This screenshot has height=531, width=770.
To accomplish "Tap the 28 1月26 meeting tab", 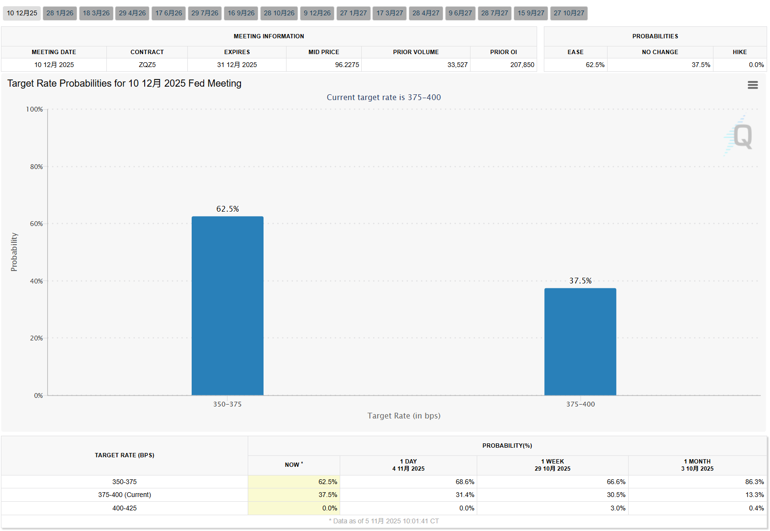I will click(60, 13).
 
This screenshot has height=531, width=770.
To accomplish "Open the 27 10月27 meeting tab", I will click(569, 13).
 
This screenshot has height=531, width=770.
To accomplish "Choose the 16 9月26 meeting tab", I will click(241, 13).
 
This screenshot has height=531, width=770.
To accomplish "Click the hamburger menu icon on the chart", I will click(752, 85).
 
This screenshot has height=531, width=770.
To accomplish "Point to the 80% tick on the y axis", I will click(36, 167).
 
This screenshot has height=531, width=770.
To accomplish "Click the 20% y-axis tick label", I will click(36, 338).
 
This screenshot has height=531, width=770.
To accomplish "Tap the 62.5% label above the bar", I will click(228, 209).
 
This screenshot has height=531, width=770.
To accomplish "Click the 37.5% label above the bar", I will click(580, 281).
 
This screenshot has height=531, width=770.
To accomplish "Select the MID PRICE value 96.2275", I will click(347, 65).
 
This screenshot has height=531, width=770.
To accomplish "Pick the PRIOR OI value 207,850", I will click(522, 65).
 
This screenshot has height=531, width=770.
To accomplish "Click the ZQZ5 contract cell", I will click(147, 65).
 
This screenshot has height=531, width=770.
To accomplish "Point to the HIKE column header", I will click(739, 52).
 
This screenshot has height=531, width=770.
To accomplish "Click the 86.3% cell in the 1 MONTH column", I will click(754, 482).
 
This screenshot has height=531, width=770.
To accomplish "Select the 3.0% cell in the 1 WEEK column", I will click(618, 508).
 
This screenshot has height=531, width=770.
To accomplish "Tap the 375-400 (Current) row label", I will click(125, 495).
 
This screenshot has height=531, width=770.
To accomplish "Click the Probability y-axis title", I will click(14, 252).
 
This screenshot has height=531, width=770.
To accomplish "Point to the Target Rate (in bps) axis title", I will click(404, 416).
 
